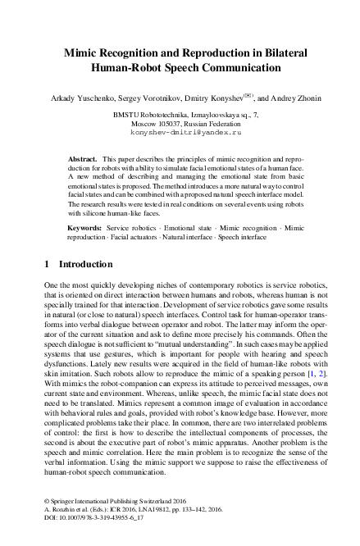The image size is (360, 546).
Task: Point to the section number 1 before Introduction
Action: pos(45,265)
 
